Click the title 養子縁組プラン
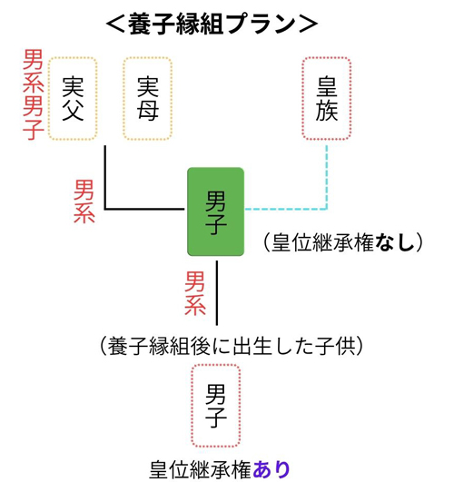212,24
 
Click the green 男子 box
216,211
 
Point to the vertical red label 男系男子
34,94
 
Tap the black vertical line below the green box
217,293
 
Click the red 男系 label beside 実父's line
84,202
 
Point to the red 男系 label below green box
194,293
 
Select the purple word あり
271,469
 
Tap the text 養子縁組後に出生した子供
232,346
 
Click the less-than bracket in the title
115,25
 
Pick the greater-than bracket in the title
308,25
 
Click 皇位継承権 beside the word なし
323,243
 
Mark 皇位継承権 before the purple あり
201,469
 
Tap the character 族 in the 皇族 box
327,110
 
